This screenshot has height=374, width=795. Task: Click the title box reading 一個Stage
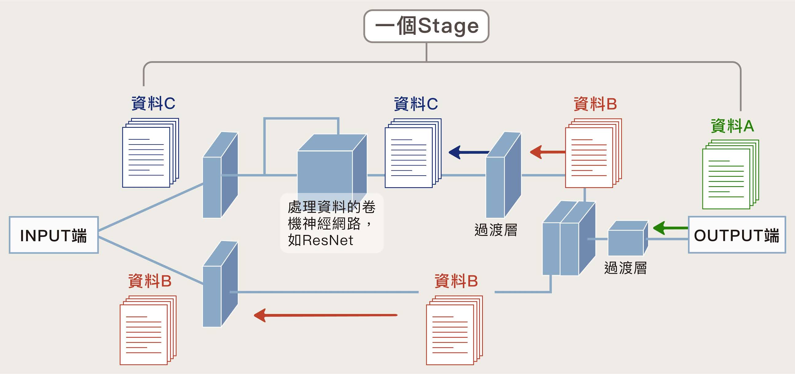426,26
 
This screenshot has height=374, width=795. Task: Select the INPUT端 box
54,235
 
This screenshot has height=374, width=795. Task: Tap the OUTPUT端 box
737,235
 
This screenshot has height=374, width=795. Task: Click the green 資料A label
732,126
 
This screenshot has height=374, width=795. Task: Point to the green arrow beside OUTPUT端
670,228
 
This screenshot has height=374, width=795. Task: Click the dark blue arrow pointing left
467,152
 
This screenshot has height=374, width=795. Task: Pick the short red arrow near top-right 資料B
547,152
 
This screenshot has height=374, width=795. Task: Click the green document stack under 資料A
730,174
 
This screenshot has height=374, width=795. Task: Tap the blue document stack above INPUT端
150,153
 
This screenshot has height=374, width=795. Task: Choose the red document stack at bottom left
148,330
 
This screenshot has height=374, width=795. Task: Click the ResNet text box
332,223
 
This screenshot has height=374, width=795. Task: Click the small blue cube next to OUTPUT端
628,238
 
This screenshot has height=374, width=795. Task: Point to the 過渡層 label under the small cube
625,268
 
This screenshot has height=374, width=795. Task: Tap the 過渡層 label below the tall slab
496,230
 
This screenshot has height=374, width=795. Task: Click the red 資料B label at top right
595,104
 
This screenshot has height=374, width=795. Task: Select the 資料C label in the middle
416,104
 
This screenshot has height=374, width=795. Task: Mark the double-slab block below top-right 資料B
569,238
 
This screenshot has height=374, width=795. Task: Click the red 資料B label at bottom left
150,281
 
